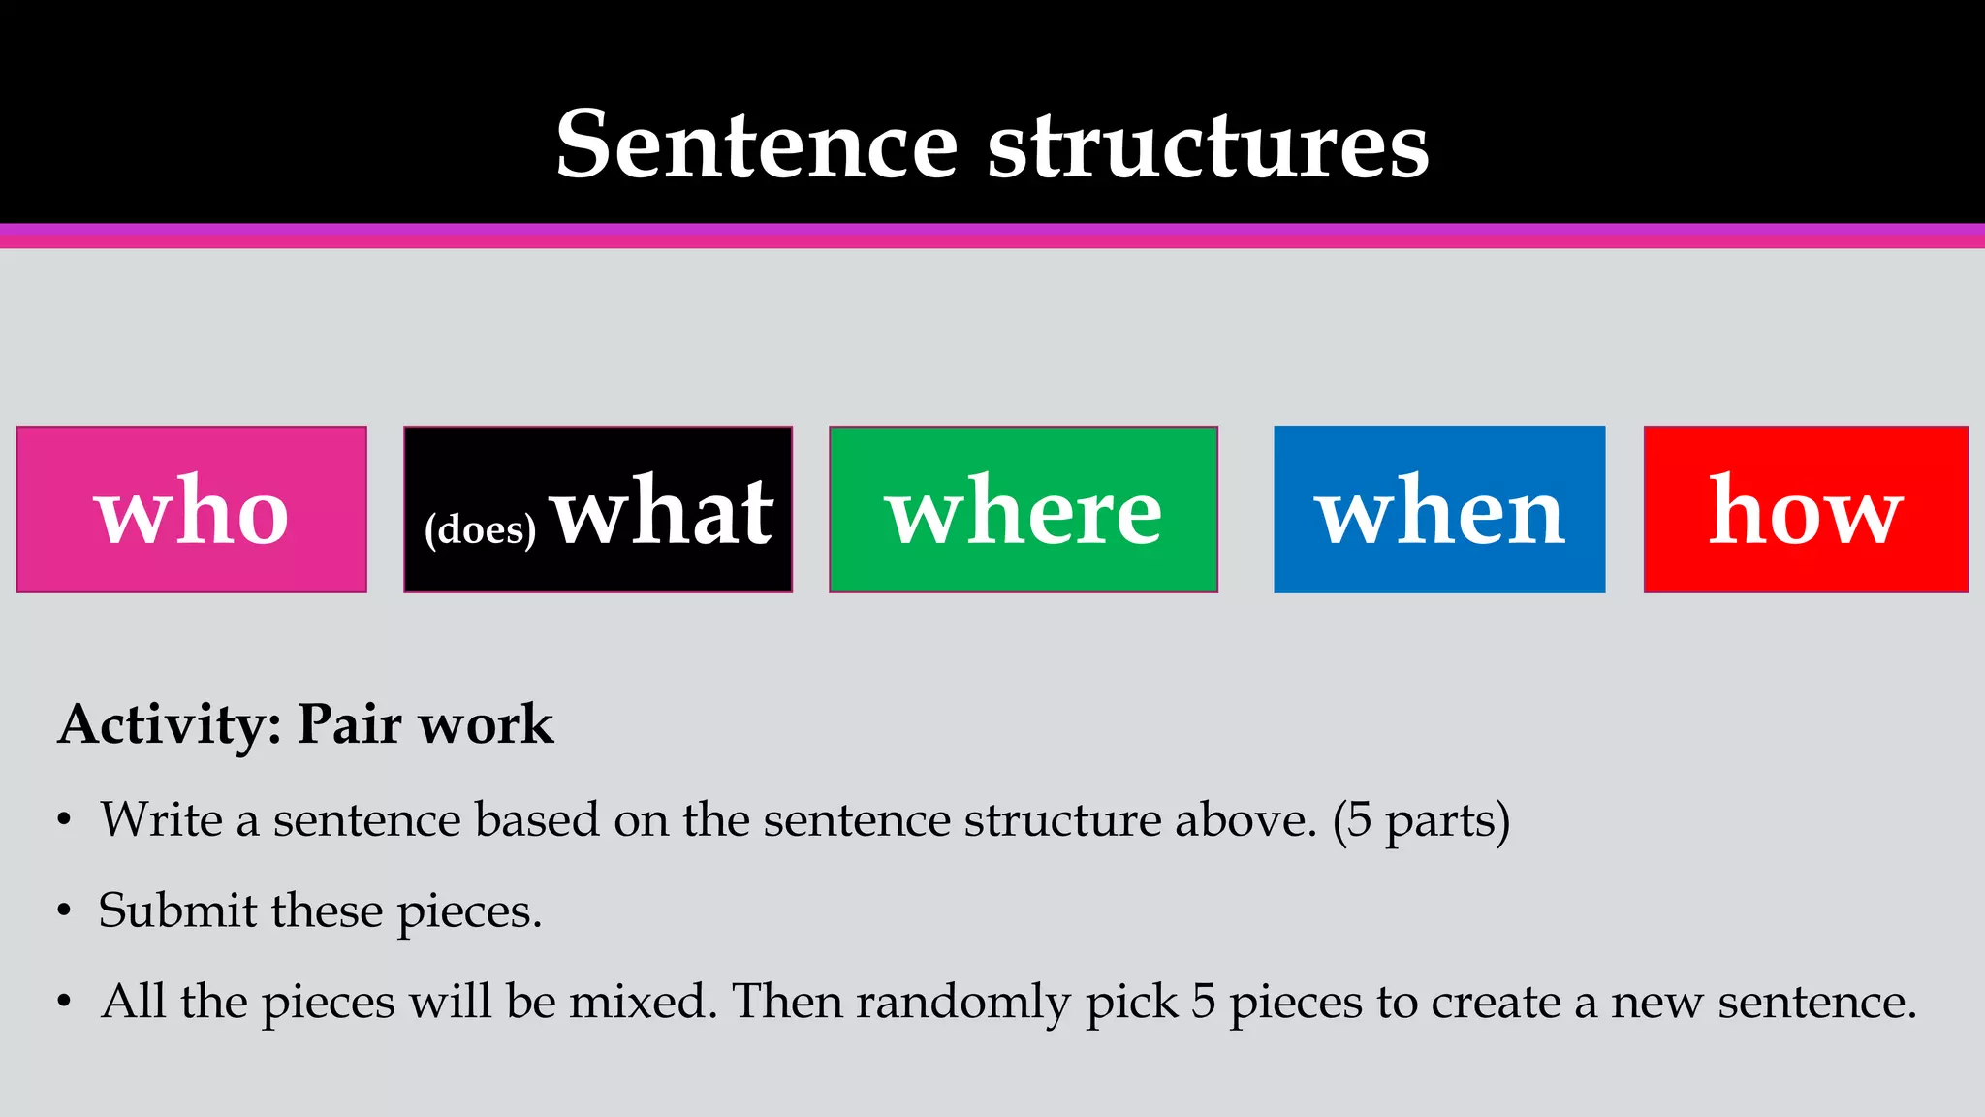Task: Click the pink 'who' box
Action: tap(191, 509)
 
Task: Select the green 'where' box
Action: tap(1023, 509)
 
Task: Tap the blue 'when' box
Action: tap(1438, 509)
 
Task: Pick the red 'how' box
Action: tap(1806, 509)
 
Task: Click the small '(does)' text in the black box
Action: tap(480, 529)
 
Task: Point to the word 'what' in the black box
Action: tap(663, 511)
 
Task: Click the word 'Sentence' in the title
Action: tap(757, 145)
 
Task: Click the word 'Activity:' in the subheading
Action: tap(170, 724)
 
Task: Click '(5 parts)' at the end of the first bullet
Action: tap(1421, 820)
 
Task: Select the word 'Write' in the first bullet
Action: tap(162, 819)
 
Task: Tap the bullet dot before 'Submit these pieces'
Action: tap(64, 911)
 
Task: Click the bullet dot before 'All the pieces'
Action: tap(64, 1002)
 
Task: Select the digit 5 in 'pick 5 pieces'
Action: tap(1203, 1002)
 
